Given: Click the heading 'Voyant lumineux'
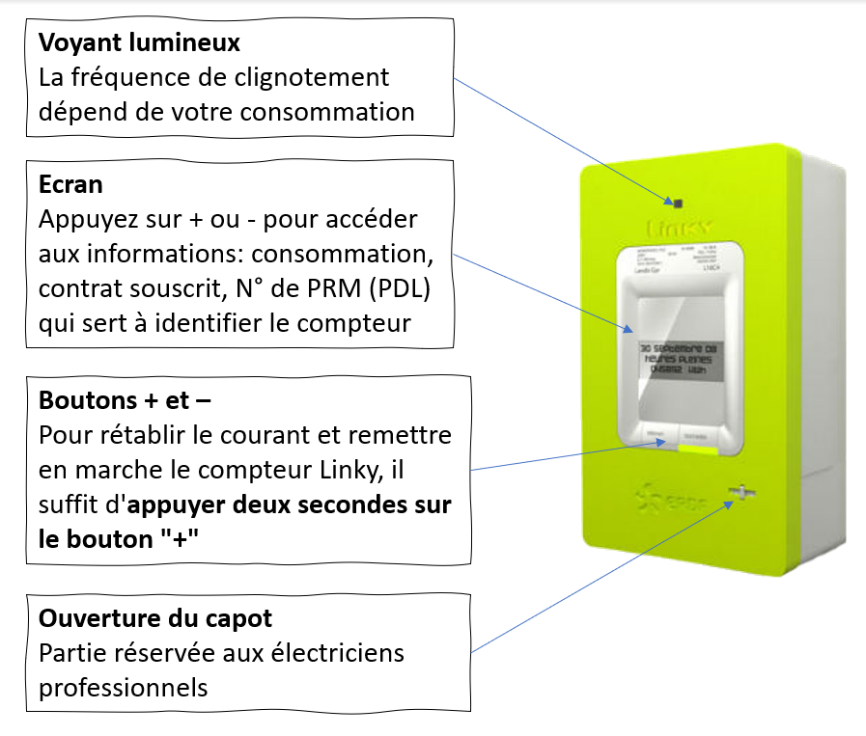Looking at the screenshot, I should click(139, 43).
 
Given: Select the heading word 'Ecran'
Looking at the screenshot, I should click(71, 184).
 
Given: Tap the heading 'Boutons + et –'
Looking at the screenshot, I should click(125, 399).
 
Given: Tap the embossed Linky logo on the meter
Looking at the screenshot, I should click(676, 230).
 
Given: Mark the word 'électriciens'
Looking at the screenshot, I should click(338, 652).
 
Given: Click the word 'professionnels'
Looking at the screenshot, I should click(123, 687).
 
